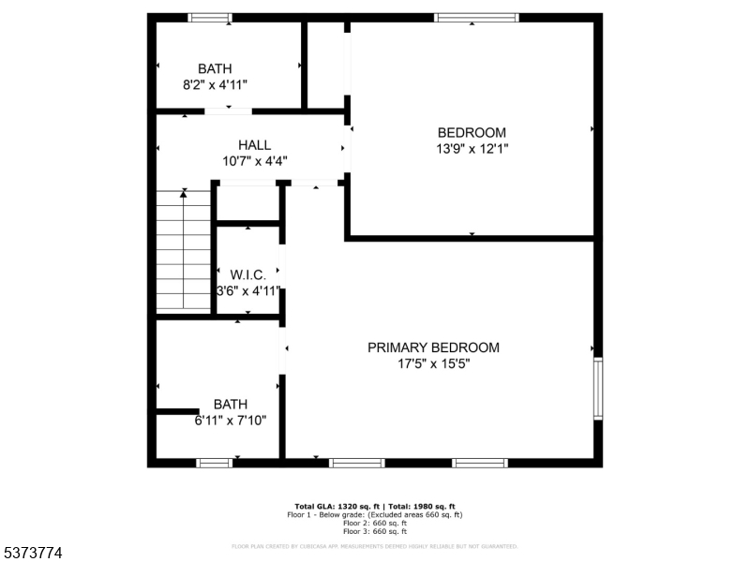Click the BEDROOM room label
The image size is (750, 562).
[x=472, y=132]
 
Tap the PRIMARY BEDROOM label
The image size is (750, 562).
[x=433, y=348]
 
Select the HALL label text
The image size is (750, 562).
[x=254, y=145]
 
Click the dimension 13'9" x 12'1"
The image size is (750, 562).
[x=472, y=148]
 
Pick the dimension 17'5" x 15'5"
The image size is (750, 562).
[x=433, y=363]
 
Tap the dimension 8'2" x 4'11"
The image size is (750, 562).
[x=215, y=84]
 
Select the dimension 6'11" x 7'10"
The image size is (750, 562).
[x=230, y=421]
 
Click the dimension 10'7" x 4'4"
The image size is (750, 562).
[x=254, y=161]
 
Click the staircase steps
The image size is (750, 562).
[x=183, y=250]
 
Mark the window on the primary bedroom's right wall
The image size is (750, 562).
[x=597, y=386]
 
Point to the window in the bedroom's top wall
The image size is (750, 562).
[x=476, y=17]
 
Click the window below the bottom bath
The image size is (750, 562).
[x=215, y=462]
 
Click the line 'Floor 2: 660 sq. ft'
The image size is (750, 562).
[x=375, y=523]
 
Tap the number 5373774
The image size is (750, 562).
[x=32, y=554]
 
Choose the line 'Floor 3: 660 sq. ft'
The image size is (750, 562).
[x=375, y=531]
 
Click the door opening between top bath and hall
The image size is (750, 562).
[x=228, y=111]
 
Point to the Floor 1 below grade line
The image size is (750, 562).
[x=375, y=514]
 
